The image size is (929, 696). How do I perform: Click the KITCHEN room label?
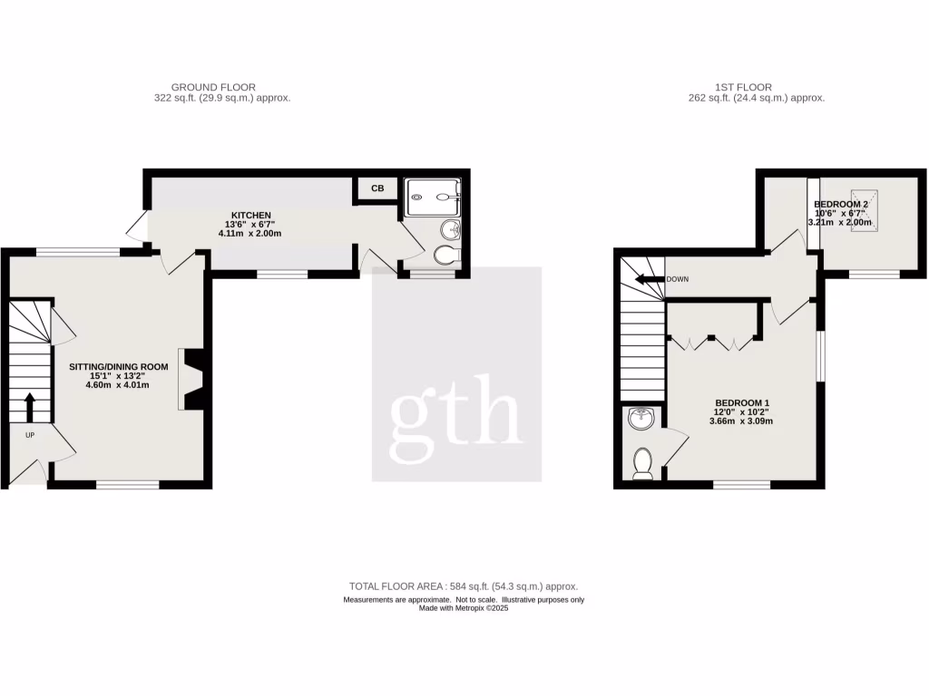232,215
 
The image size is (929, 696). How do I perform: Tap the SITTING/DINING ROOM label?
120,367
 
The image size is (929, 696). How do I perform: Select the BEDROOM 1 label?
742,402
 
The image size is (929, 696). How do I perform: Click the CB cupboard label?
377,188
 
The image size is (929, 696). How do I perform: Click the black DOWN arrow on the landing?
648,279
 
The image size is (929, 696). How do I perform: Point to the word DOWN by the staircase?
677,279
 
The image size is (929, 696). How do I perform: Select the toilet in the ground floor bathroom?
446,257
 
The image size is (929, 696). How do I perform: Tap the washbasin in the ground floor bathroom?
453,230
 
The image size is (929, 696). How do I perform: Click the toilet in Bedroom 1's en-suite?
643,461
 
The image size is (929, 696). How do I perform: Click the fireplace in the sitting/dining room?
192,378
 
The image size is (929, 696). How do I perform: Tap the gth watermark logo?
456,413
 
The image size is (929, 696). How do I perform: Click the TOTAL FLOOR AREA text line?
464,586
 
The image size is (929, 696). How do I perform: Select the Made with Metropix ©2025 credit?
464,609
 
